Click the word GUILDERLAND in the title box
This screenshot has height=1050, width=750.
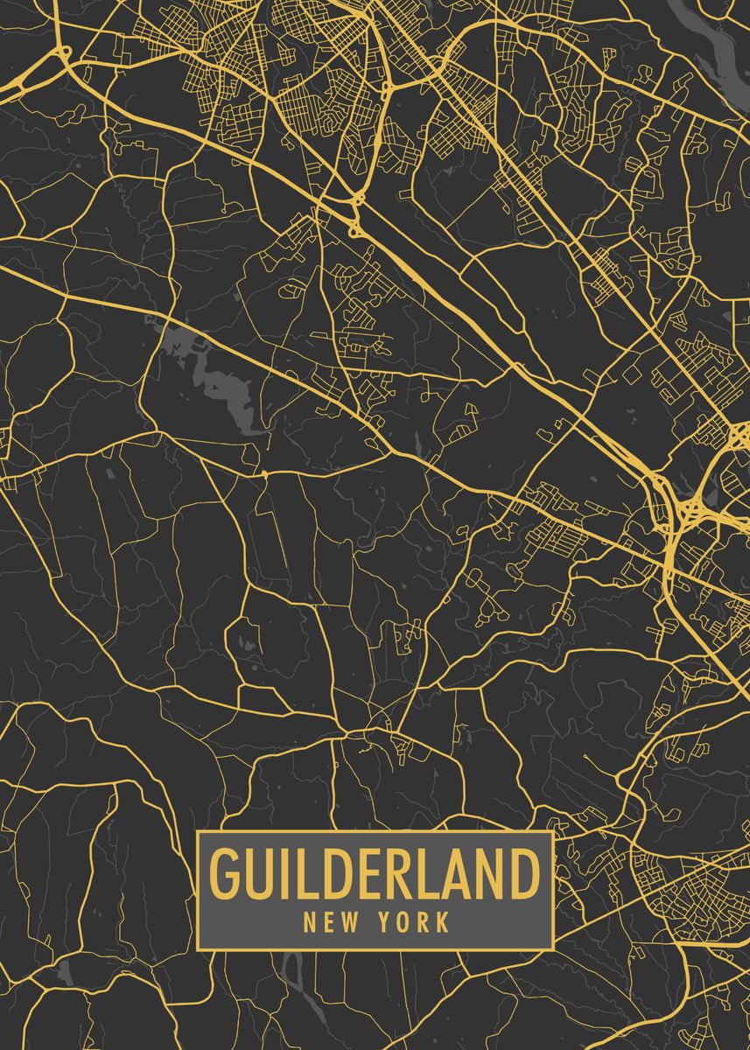(375, 873)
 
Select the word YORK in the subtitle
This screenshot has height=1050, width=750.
(415, 921)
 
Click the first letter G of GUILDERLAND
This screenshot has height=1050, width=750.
(224, 873)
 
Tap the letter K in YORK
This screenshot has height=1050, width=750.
(442, 921)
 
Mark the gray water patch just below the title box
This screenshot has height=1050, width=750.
(294, 971)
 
